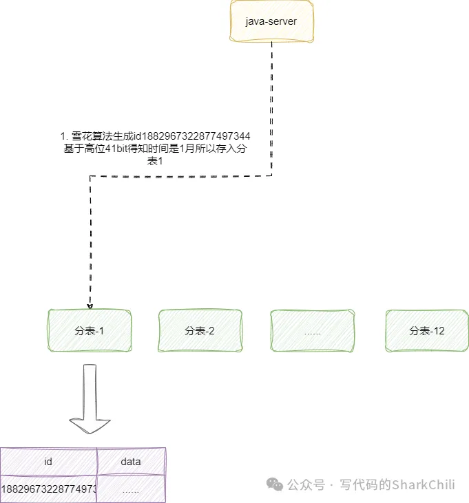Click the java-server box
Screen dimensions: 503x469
coord(271,22)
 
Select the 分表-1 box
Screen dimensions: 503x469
coord(89,331)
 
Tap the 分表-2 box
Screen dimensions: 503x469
coord(200,331)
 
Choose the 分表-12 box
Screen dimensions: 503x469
coord(427,331)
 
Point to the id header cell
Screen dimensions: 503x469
coord(48,461)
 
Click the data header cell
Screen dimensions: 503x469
coord(131,461)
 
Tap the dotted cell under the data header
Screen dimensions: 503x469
coord(131,489)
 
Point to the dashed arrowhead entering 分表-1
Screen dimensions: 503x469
coord(90,306)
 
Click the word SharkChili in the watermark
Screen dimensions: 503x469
coord(423,484)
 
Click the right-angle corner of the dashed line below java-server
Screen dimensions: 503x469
coord(272,175)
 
